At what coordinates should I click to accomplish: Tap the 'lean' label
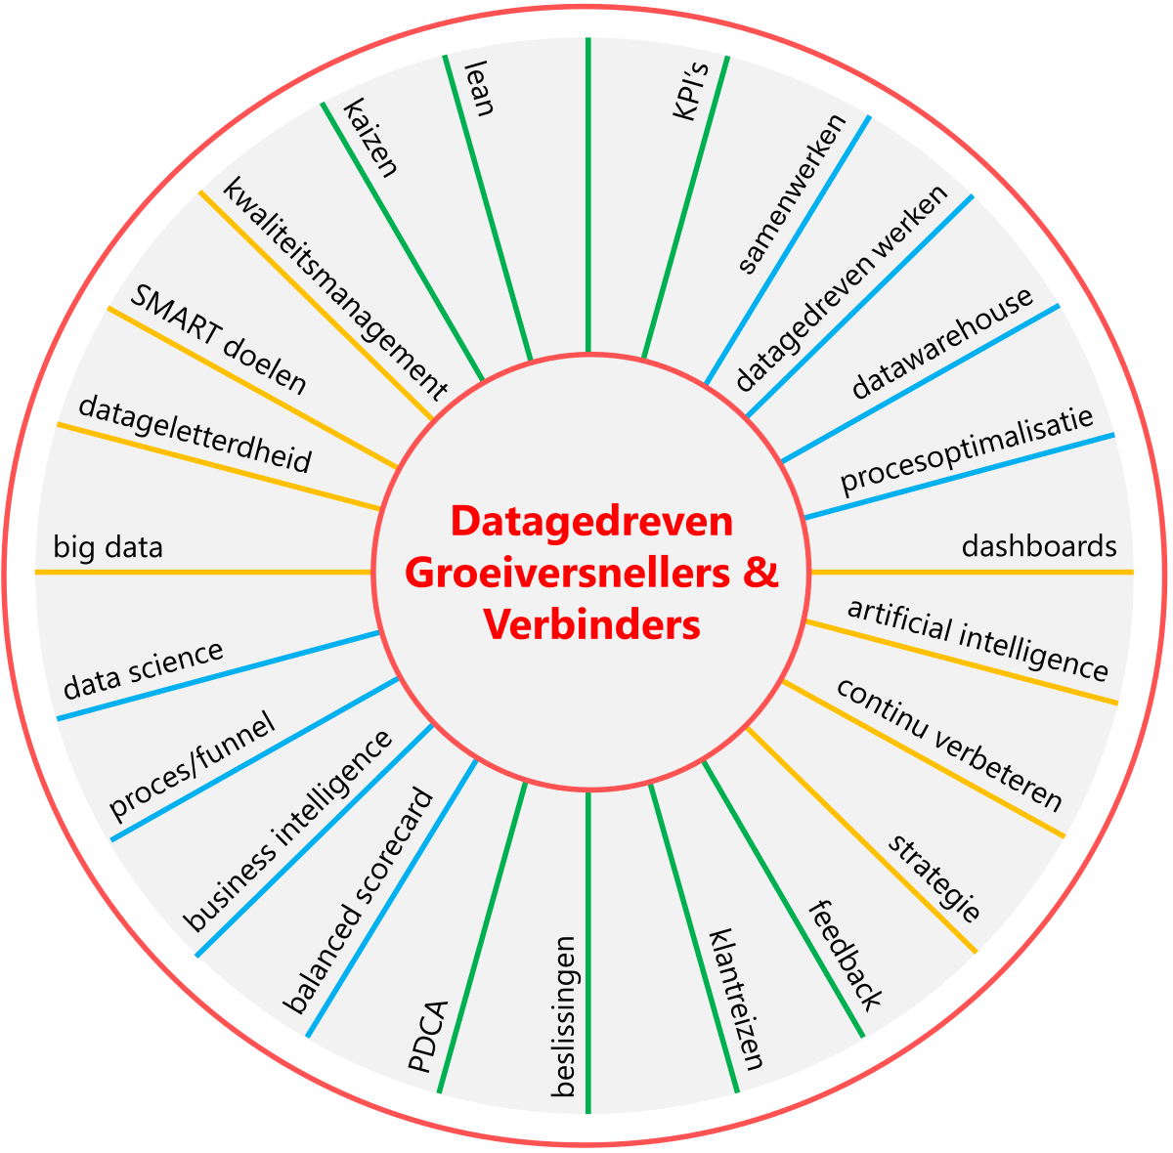pos(479,89)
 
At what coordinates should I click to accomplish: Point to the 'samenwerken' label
pos(792,194)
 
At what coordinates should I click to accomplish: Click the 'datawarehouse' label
pos(942,343)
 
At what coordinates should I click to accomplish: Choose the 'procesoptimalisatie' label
pos(966,450)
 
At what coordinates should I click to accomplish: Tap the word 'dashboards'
pos(1039,545)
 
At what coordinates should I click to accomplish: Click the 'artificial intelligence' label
pos(977,639)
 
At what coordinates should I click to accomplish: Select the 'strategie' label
pos(934,878)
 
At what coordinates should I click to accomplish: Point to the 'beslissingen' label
pos(564,1016)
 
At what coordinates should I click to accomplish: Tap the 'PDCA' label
pos(427,1037)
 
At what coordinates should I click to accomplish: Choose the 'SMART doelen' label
pos(219,340)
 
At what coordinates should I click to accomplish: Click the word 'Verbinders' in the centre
pos(591,624)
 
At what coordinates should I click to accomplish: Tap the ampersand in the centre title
pos(760,573)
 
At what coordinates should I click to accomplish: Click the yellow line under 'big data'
pos(195,572)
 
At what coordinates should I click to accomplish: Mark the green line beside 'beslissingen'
pos(587,958)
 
